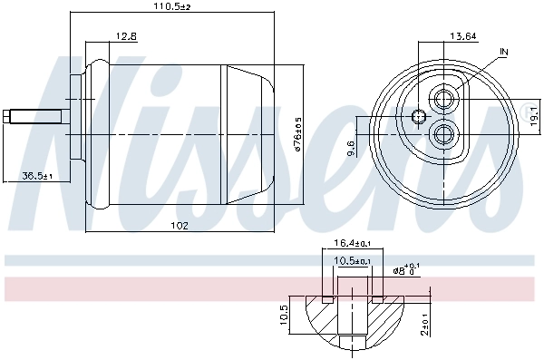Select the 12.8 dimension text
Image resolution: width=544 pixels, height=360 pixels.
[x=126, y=36]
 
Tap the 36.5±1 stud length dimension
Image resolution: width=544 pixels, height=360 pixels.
[x=37, y=175]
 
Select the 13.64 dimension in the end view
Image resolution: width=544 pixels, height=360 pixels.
[x=463, y=36]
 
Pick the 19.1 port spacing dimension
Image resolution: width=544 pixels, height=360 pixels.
[x=534, y=115]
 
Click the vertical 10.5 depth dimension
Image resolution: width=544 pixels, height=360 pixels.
[x=284, y=316]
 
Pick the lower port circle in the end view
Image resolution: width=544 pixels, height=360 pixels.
[x=444, y=134]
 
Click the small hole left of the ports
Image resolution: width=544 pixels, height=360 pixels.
[x=418, y=116]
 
